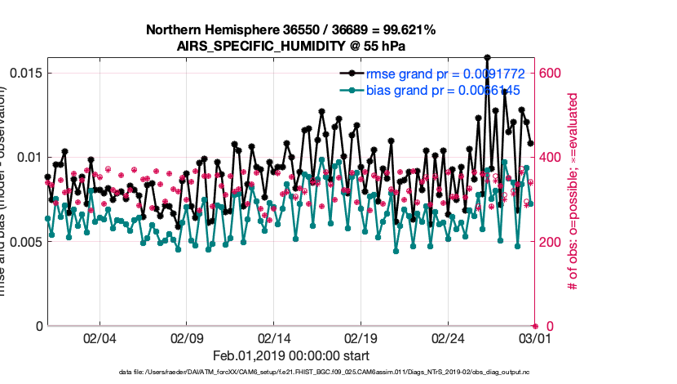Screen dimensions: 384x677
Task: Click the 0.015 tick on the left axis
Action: pos(24,73)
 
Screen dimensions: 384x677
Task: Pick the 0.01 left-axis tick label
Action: pos(28,157)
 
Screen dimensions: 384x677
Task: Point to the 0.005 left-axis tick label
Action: pos(24,242)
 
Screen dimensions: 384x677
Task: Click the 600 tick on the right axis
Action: pos(551,73)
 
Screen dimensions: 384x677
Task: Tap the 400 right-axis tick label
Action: pos(551,157)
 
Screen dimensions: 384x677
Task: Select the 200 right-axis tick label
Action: pos(551,242)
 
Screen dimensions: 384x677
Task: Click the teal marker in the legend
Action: pos(352,89)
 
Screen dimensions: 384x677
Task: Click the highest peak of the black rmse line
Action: pos(487,58)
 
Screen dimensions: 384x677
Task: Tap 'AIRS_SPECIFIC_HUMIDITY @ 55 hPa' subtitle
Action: pos(290,46)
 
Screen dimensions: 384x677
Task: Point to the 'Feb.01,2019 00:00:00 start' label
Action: pos(290,355)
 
